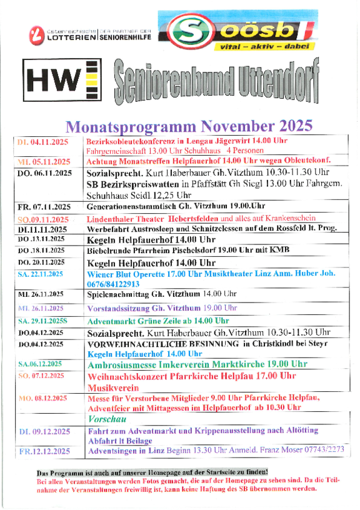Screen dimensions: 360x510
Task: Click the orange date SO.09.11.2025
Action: (43, 219)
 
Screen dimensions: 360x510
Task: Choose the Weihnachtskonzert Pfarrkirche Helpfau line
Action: (192, 376)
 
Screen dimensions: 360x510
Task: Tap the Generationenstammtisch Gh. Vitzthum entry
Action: (176, 206)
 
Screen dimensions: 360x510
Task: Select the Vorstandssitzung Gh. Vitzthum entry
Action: (162, 308)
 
